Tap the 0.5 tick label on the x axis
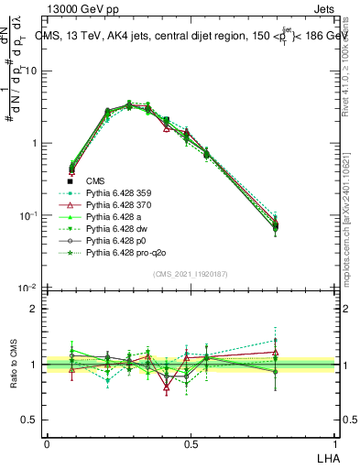(190, 443)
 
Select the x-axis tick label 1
(333, 443)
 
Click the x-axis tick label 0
(47, 443)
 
